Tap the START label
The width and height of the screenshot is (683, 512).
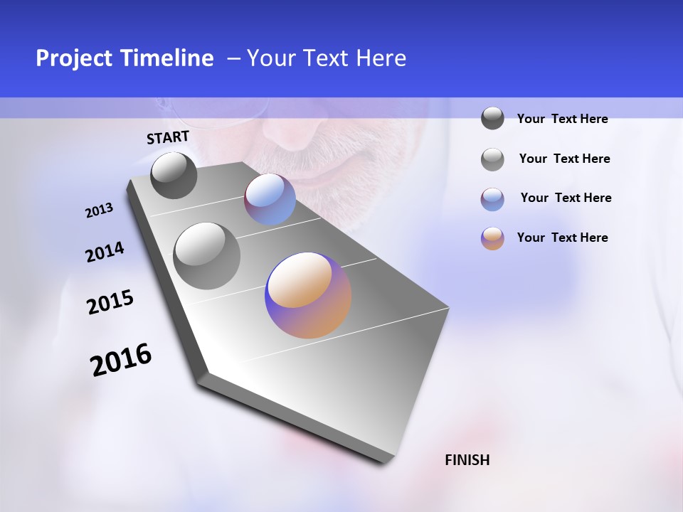click(168, 137)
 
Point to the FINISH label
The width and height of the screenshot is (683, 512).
click(467, 460)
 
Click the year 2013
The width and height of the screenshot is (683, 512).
click(99, 210)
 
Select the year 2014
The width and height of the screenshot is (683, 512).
click(105, 252)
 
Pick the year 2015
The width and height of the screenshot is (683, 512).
click(110, 302)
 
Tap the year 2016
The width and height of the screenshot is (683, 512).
click(121, 359)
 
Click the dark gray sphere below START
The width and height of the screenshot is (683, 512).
click(174, 175)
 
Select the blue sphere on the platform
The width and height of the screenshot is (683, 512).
click(270, 199)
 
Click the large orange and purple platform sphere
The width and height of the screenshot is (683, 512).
click(308, 295)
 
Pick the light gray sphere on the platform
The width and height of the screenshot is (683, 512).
click(207, 256)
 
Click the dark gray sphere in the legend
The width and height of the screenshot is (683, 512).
click(492, 119)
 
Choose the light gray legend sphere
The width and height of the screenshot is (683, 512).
click(492, 159)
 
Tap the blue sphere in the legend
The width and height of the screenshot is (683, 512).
click(492, 199)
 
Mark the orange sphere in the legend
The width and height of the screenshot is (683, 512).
click(492, 238)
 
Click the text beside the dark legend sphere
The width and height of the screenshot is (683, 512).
click(562, 119)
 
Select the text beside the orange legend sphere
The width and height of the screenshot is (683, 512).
click(562, 238)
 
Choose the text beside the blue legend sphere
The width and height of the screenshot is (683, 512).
click(566, 198)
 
